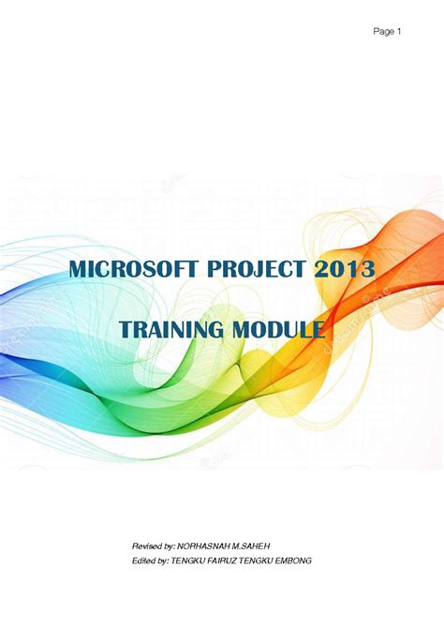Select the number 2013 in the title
coord(344,270)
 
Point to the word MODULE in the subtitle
coord(279,329)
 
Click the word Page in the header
coord(382,32)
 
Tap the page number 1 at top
coord(399,32)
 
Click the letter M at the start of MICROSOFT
coord(78,270)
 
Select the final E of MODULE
coord(318,329)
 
